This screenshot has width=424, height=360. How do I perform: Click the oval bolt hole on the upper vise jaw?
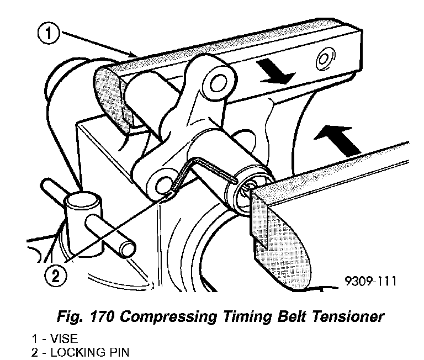[324, 59]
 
